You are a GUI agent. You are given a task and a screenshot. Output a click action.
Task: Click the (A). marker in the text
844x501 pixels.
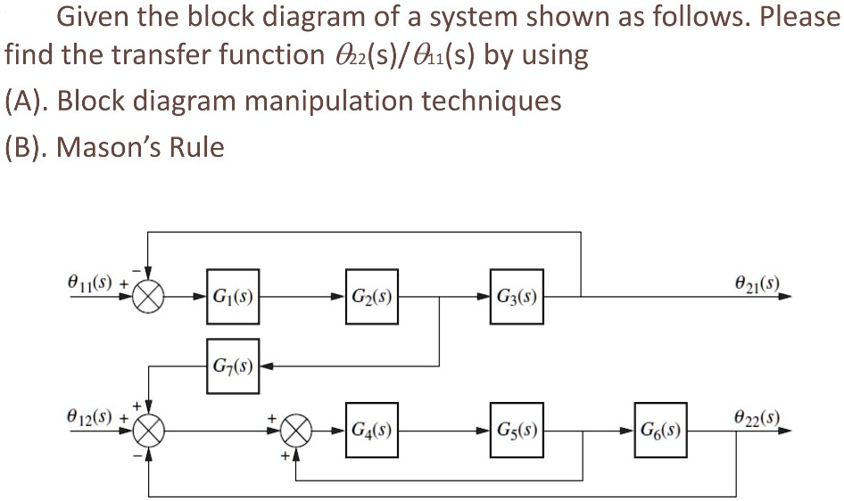click(x=27, y=100)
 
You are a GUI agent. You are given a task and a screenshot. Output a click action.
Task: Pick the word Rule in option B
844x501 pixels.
click(x=197, y=145)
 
